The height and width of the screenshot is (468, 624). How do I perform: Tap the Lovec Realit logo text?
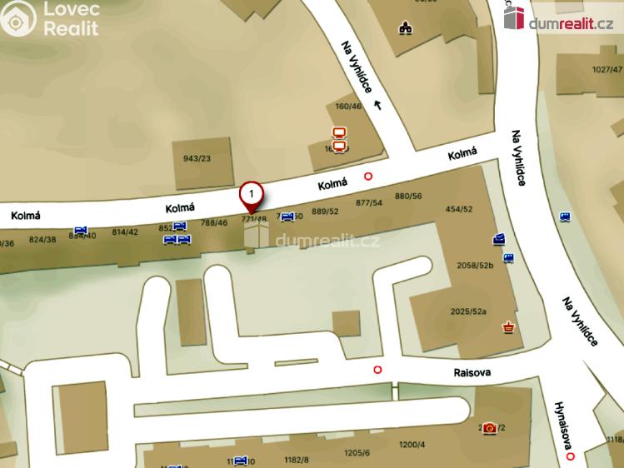(x=71, y=19)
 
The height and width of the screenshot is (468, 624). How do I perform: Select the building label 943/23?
(x=197, y=158)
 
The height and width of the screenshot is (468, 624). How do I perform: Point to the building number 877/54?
(x=368, y=202)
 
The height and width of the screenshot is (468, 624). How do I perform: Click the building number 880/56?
(x=408, y=196)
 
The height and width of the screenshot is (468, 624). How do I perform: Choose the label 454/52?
(x=459, y=209)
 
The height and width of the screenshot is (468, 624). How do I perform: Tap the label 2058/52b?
(x=476, y=266)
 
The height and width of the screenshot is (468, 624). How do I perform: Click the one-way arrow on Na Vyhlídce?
(x=377, y=104)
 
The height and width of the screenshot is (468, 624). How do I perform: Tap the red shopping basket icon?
(x=507, y=328)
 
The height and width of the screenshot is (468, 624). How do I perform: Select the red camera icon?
(x=490, y=427)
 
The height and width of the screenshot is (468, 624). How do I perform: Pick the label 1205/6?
(x=356, y=453)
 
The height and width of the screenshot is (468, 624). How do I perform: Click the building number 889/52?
(x=325, y=212)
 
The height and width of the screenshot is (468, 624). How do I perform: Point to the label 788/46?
(x=214, y=222)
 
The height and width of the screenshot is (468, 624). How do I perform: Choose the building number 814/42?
(x=125, y=232)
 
